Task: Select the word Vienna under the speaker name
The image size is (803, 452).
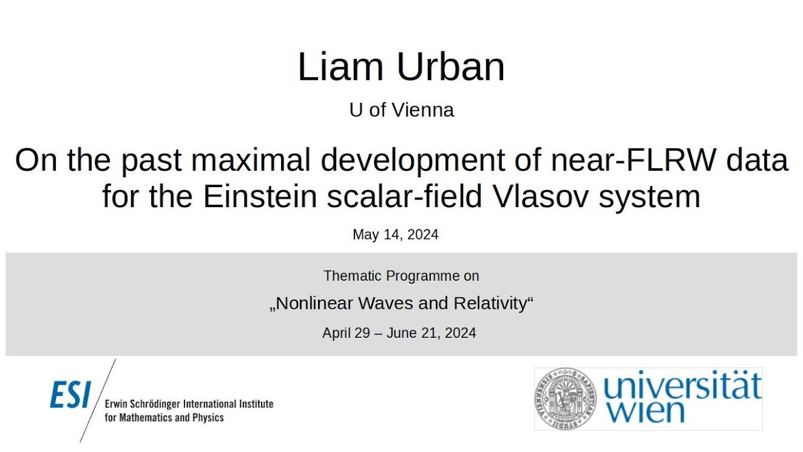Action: pyautogui.click(x=422, y=110)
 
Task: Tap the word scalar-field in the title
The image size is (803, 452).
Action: pyautogui.click(x=407, y=196)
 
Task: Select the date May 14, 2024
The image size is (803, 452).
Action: pyautogui.click(x=395, y=235)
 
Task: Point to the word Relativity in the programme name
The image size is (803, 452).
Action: pyautogui.click(x=491, y=304)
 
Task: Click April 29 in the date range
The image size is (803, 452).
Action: pyautogui.click(x=346, y=333)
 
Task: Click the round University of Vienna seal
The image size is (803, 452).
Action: pyautogui.click(x=566, y=399)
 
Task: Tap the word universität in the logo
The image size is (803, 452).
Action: pyautogui.click(x=682, y=386)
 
